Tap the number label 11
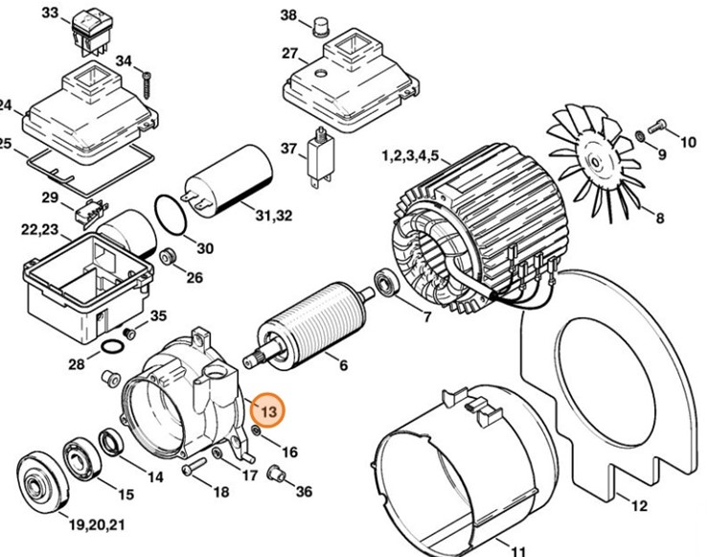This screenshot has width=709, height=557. tap(517, 550)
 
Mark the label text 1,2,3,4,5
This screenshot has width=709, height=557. tap(410, 154)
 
